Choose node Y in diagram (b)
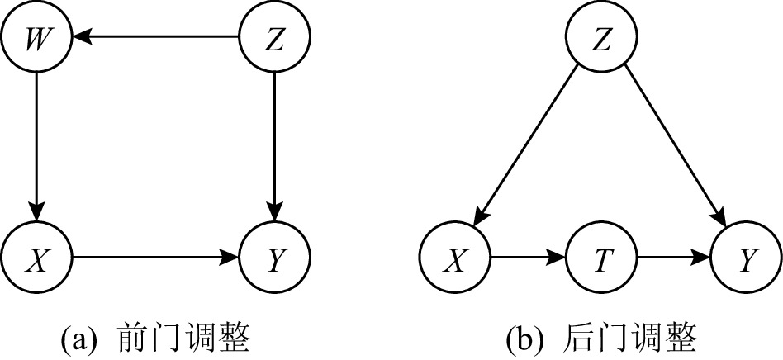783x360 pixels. click(x=747, y=259)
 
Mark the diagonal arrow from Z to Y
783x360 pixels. click(x=675, y=149)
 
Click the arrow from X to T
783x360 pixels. click(x=529, y=259)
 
